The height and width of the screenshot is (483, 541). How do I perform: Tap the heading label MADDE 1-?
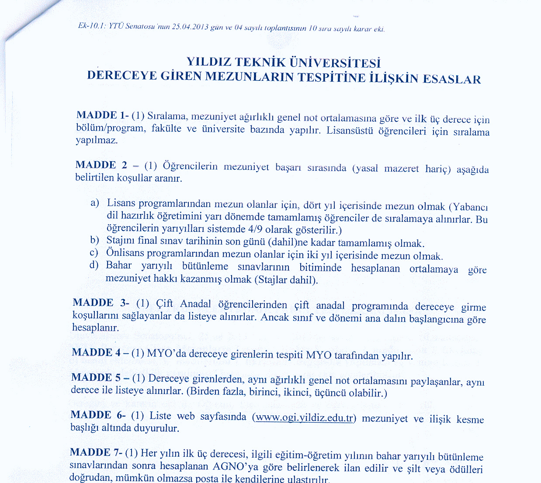click(x=102, y=115)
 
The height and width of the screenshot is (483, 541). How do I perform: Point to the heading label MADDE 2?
click(x=102, y=165)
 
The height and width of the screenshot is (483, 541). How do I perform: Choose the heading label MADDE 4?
click(x=99, y=352)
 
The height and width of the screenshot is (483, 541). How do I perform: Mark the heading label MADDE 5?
click(x=98, y=377)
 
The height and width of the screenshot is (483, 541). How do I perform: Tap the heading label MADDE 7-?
click(x=96, y=452)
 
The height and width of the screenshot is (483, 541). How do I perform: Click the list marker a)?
click(x=95, y=203)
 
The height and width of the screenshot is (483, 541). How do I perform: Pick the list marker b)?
click(x=95, y=240)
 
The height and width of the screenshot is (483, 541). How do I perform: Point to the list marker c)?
click(x=94, y=252)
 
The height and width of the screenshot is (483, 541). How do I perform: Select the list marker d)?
click(x=94, y=265)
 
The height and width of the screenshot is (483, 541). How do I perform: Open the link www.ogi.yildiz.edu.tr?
click(x=304, y=417)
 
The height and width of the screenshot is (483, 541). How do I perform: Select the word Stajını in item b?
click(x=120, y=240)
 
